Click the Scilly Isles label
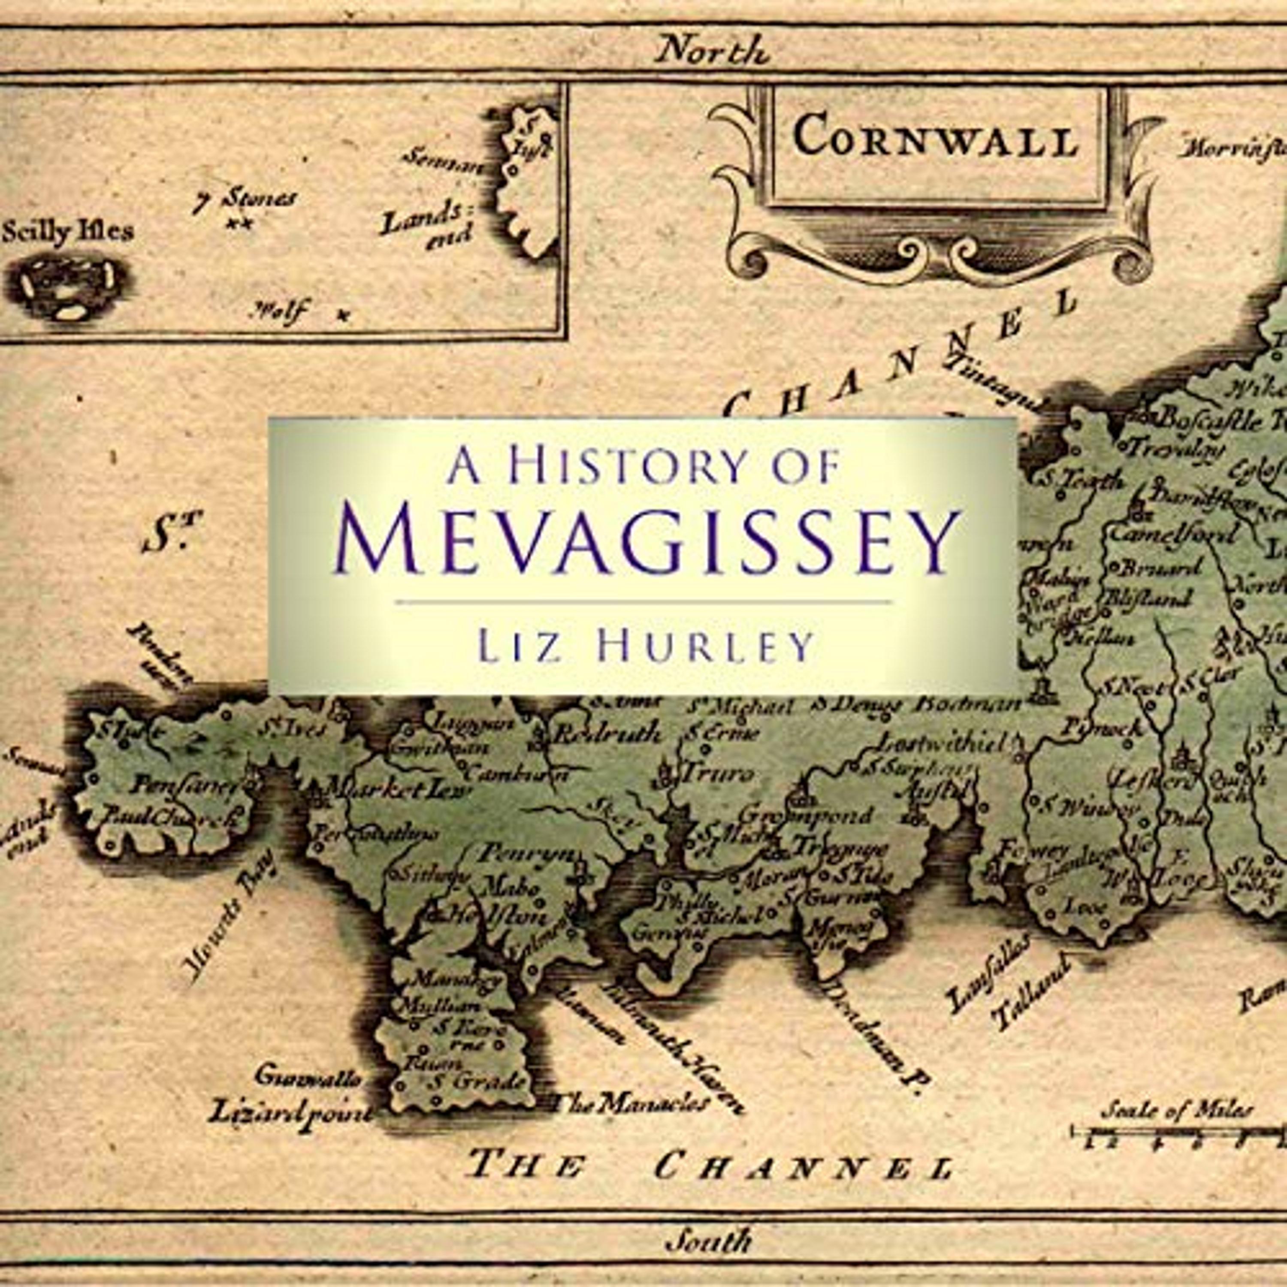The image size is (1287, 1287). (68, 231)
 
